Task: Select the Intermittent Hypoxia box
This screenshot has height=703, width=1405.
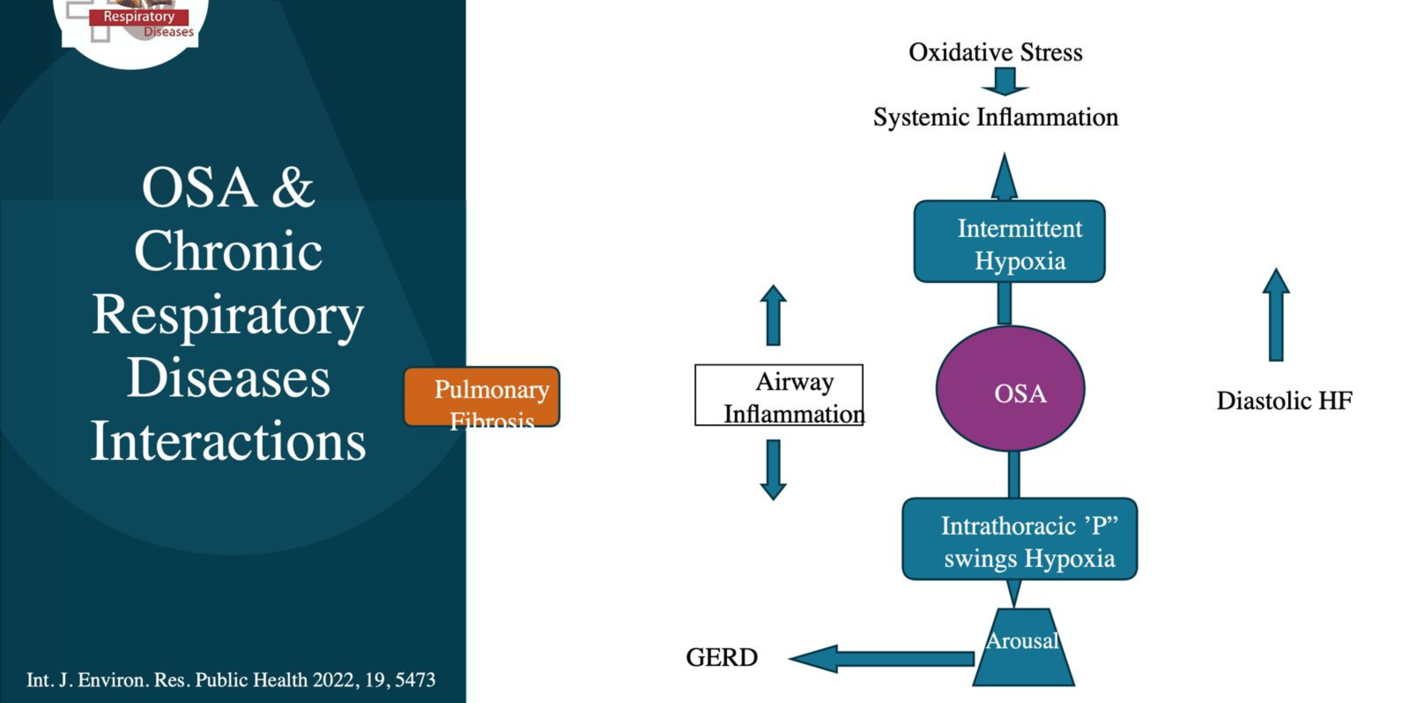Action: pyautogui.click(x=1009, y=241)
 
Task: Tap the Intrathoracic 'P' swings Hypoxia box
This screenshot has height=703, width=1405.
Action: pyautogui.click(x=1019, y=539)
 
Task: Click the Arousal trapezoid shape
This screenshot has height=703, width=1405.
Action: pyautogui.click(x=1023, y=650)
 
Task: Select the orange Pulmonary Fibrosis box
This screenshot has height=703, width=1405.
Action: pyautogui.click(x=482, y=396)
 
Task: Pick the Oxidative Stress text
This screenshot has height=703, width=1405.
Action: pyautogui.click(x=995, y=52)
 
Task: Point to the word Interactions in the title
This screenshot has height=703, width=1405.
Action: pyautogui.click(x=228, y=441)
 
